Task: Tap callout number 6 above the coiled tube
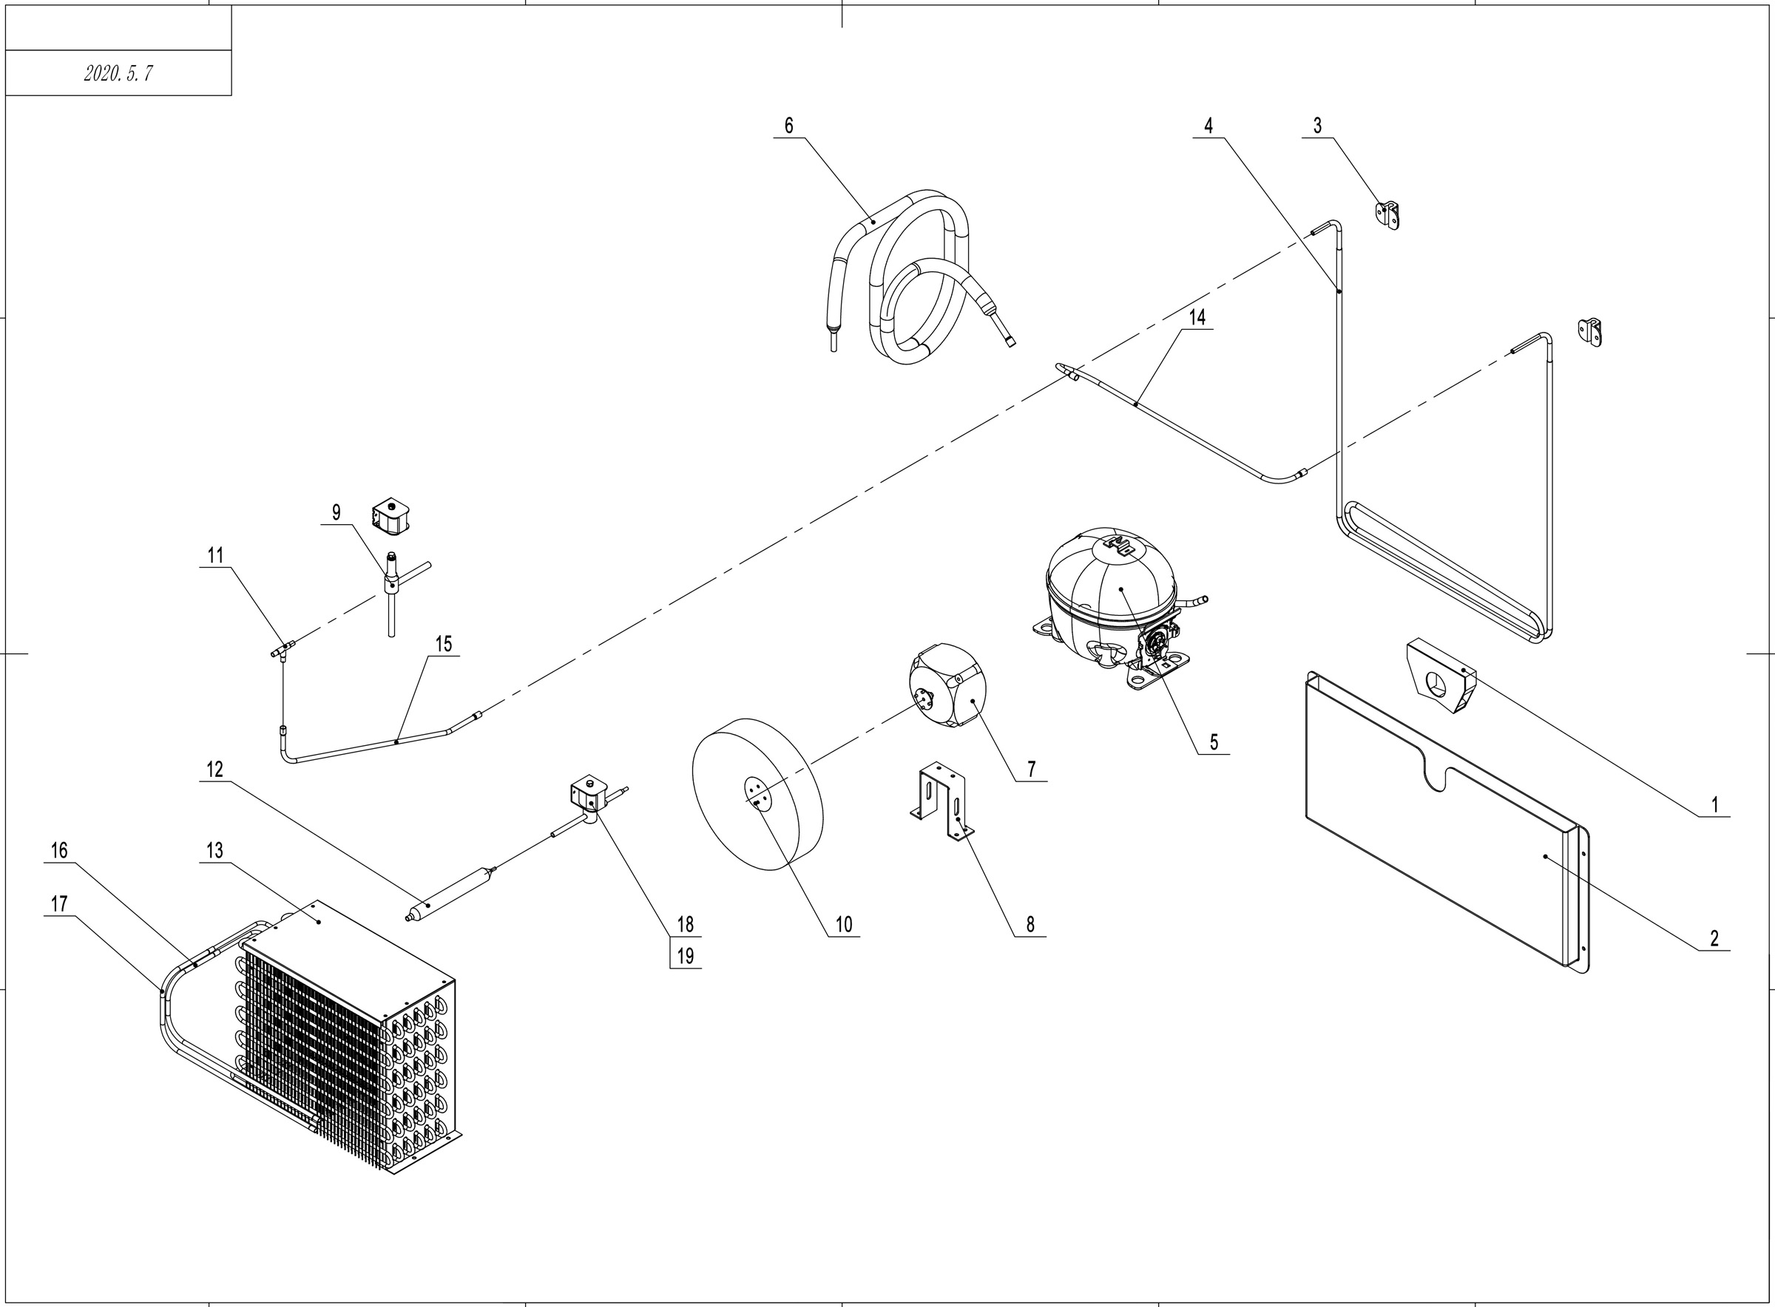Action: click(788, 125)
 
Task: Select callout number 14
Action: click(1197, 317)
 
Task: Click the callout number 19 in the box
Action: click(686, 956)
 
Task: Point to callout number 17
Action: click(58, 903)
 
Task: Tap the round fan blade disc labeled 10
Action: click(757, 805)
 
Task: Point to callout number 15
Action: click(443, 644)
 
